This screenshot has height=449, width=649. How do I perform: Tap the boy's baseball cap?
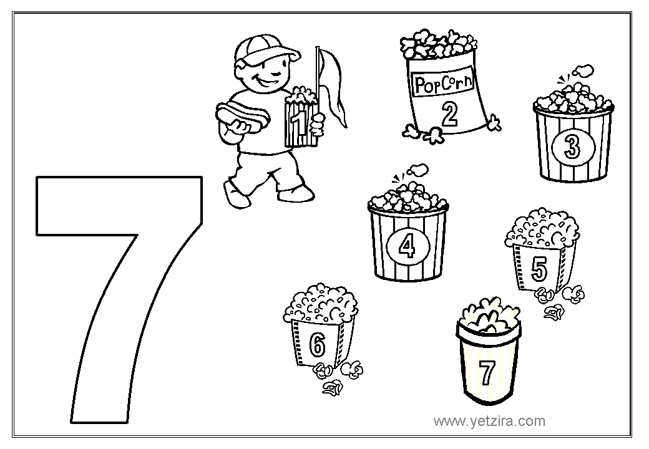pyautogui.click(x=265, y=50)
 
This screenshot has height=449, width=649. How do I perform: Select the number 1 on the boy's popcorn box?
pyautogui.click(x=298, y=123)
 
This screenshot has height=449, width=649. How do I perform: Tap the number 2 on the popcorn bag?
pyautogui.click(x=449, y=114)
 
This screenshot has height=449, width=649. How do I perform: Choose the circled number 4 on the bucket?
pyautogui.click(x=407, y=247)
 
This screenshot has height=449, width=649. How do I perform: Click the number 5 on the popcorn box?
pyautogui.click(x=539, y=268)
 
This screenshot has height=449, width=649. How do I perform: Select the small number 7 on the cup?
pyautogui.click(x=487, y=372)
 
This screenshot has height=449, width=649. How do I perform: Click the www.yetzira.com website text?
pyautogui.click(x=489, y=421)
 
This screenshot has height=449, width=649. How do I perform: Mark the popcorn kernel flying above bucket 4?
pyautogui.click(x=417, y=169)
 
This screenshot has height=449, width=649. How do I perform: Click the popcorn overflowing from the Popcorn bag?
pyautogui.click(x=438, y=44)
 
